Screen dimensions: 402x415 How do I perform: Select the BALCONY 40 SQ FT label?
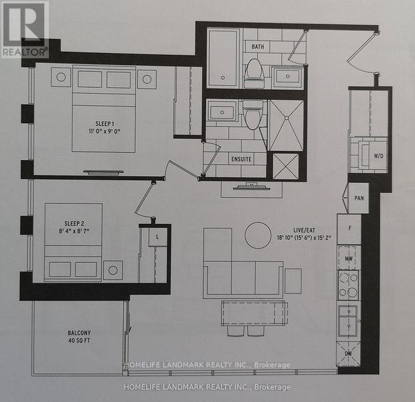[x=75, y=333]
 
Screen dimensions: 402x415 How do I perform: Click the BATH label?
[x=258, y=46]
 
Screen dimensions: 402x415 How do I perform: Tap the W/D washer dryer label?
[x=378, y=155]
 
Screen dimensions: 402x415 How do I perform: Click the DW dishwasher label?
[x=349, y=353]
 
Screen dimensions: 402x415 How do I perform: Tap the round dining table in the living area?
[x=258, y=235]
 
